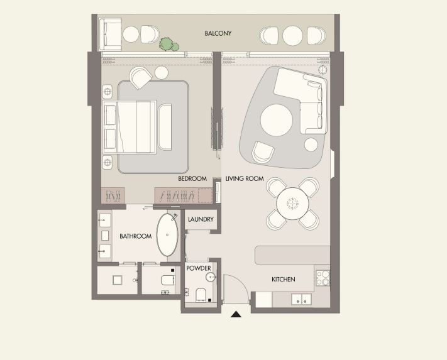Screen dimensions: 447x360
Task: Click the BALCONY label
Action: (218, 33)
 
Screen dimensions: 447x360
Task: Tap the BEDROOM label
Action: (192, 178)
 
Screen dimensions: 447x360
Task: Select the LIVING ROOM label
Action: (245, 178)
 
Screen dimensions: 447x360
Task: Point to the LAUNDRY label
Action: (201, 219)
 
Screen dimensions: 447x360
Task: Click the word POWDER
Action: (199, 268)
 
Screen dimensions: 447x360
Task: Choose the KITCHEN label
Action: (284, 280)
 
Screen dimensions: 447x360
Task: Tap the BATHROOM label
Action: (135, 236)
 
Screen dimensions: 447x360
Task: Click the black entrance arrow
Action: (236, 314)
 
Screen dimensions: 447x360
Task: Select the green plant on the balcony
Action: (169, 45)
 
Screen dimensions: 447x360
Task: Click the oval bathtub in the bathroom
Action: (167, 235)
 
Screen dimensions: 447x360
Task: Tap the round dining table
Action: (292, 204)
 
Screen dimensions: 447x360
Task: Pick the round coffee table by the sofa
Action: (277, 120)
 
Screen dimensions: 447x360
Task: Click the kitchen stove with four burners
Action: (323, 278)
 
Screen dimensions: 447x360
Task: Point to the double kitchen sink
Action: (301, 299)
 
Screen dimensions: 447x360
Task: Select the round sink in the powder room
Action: (211, 276)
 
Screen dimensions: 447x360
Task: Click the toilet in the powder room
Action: (201, 294)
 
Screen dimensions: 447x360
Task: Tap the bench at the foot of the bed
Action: (165, 127)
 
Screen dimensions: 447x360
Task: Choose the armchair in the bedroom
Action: (141, 77)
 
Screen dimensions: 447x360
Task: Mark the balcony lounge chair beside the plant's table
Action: (150, 34)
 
